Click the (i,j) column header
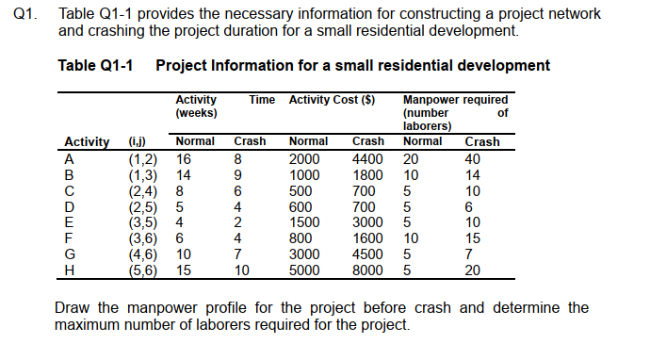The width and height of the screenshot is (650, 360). (138, 142)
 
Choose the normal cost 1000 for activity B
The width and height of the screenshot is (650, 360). (304, 174)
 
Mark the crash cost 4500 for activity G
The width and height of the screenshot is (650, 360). (367, 254)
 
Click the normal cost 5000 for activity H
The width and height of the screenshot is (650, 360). (304, 270)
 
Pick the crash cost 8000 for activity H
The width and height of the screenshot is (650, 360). (367, 270)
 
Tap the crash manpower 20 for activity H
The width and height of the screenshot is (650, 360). (473, 270)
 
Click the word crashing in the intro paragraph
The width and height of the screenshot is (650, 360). (89, 31)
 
